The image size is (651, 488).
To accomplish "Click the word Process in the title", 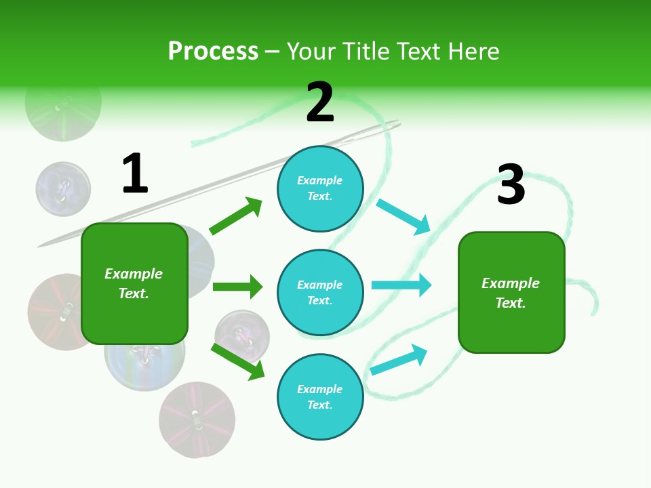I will pyautogui.click(x=213, y=52).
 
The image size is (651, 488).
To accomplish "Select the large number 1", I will pyautogui.click(x=135, y=174).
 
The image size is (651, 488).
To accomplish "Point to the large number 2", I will pyautogui.click(x=320, y=102).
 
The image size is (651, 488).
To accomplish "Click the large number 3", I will pyautogui.click(x=511, y=185).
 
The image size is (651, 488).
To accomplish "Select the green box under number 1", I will pyautogui.click(x=134, y=283).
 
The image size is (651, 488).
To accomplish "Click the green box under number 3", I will pyautogui.click(x=511, y=292).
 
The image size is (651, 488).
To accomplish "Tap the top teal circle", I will pyautogui.click(x=320, y=188).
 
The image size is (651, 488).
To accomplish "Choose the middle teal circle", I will pyautogui.click(x=320, y=292).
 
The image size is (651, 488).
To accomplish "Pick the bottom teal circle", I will pyautogui.click(x=320, y=396).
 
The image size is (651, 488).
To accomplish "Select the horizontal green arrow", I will pyautogui.click(x=237, y=287).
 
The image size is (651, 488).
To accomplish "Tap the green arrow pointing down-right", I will pyautogui.click(x=237, y=361).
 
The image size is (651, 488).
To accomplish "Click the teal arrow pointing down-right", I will pyautogui.click(x=403, y=217).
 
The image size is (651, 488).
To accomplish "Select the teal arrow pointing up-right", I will pyautogui.click(x=399, y=359).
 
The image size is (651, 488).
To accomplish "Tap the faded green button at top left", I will pyautogui.click(x=63, y=103).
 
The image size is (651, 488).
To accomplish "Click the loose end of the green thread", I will pyautogui.click(x=595, y=311).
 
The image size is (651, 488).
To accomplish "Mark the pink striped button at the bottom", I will pyautogui.click(x=197, y=420).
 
